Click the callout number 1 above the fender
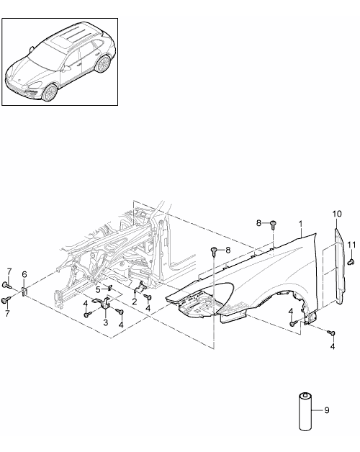coord(300,224)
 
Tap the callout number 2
coord(135,302)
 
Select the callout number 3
coord(106,322)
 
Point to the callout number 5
coord(99,289)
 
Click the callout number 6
coord(24,274)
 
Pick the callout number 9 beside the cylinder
coord(327,410)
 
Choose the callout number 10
coord(337,214)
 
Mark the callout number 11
coord(351,245)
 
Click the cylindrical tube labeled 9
coord(305,412)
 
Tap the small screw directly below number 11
coord(351,262)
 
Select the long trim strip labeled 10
coord(340,266)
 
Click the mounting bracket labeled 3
coord(103,303)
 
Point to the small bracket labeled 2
coord(141,288)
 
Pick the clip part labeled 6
coord(24,291)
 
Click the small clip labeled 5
coord(110,288)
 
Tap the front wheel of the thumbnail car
coord(50,92)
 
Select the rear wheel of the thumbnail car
coord(103,64)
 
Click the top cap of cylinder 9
coord(305,395)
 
